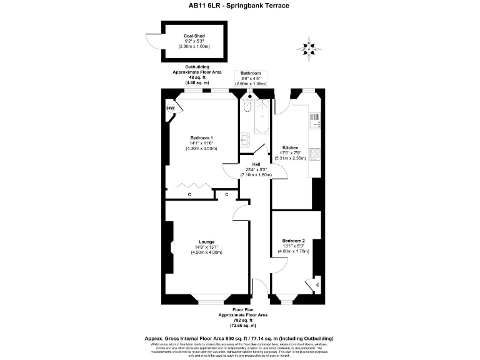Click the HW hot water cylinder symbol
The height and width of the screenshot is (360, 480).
(x=170, y=109)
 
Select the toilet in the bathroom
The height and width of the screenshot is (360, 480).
(x=247, y=107)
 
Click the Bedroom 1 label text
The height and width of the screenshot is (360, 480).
(x=201, y=137)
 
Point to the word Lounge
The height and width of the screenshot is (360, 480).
(x=207, y=242)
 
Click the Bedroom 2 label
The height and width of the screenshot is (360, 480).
(x=293, y=241)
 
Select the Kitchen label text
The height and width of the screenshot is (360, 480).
(x=291, y=147)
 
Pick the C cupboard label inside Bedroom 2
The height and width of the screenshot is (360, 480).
(x=318, y=285)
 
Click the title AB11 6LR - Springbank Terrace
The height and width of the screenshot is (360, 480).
(x=239, y=7)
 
